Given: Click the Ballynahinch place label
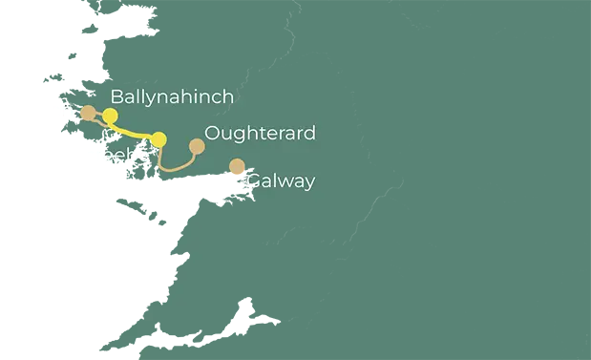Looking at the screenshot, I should click(x=172, y=96).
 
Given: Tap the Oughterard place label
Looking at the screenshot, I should click(x=260, y=133).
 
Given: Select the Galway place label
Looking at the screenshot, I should click(x=281, y=180).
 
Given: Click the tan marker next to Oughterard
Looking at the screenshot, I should click(x=197, y=146).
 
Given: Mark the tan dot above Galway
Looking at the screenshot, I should click(x=237, y=167).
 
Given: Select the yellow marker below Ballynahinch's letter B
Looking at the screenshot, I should click(x=110, y=116).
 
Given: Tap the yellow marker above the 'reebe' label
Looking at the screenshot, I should click(x=158, y=139).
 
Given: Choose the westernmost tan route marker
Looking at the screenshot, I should click(x=88, y=113).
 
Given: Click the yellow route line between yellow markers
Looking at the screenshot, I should click(x=134, y=131).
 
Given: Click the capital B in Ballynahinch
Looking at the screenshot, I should click(x=117, y=96).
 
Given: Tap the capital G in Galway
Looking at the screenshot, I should click(x=254, y=180).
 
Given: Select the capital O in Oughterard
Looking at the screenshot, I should click(x=213, y=133).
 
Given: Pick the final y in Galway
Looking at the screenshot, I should click(x=308, y=183).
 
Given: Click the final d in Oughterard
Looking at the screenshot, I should click(x=309, y=133).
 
